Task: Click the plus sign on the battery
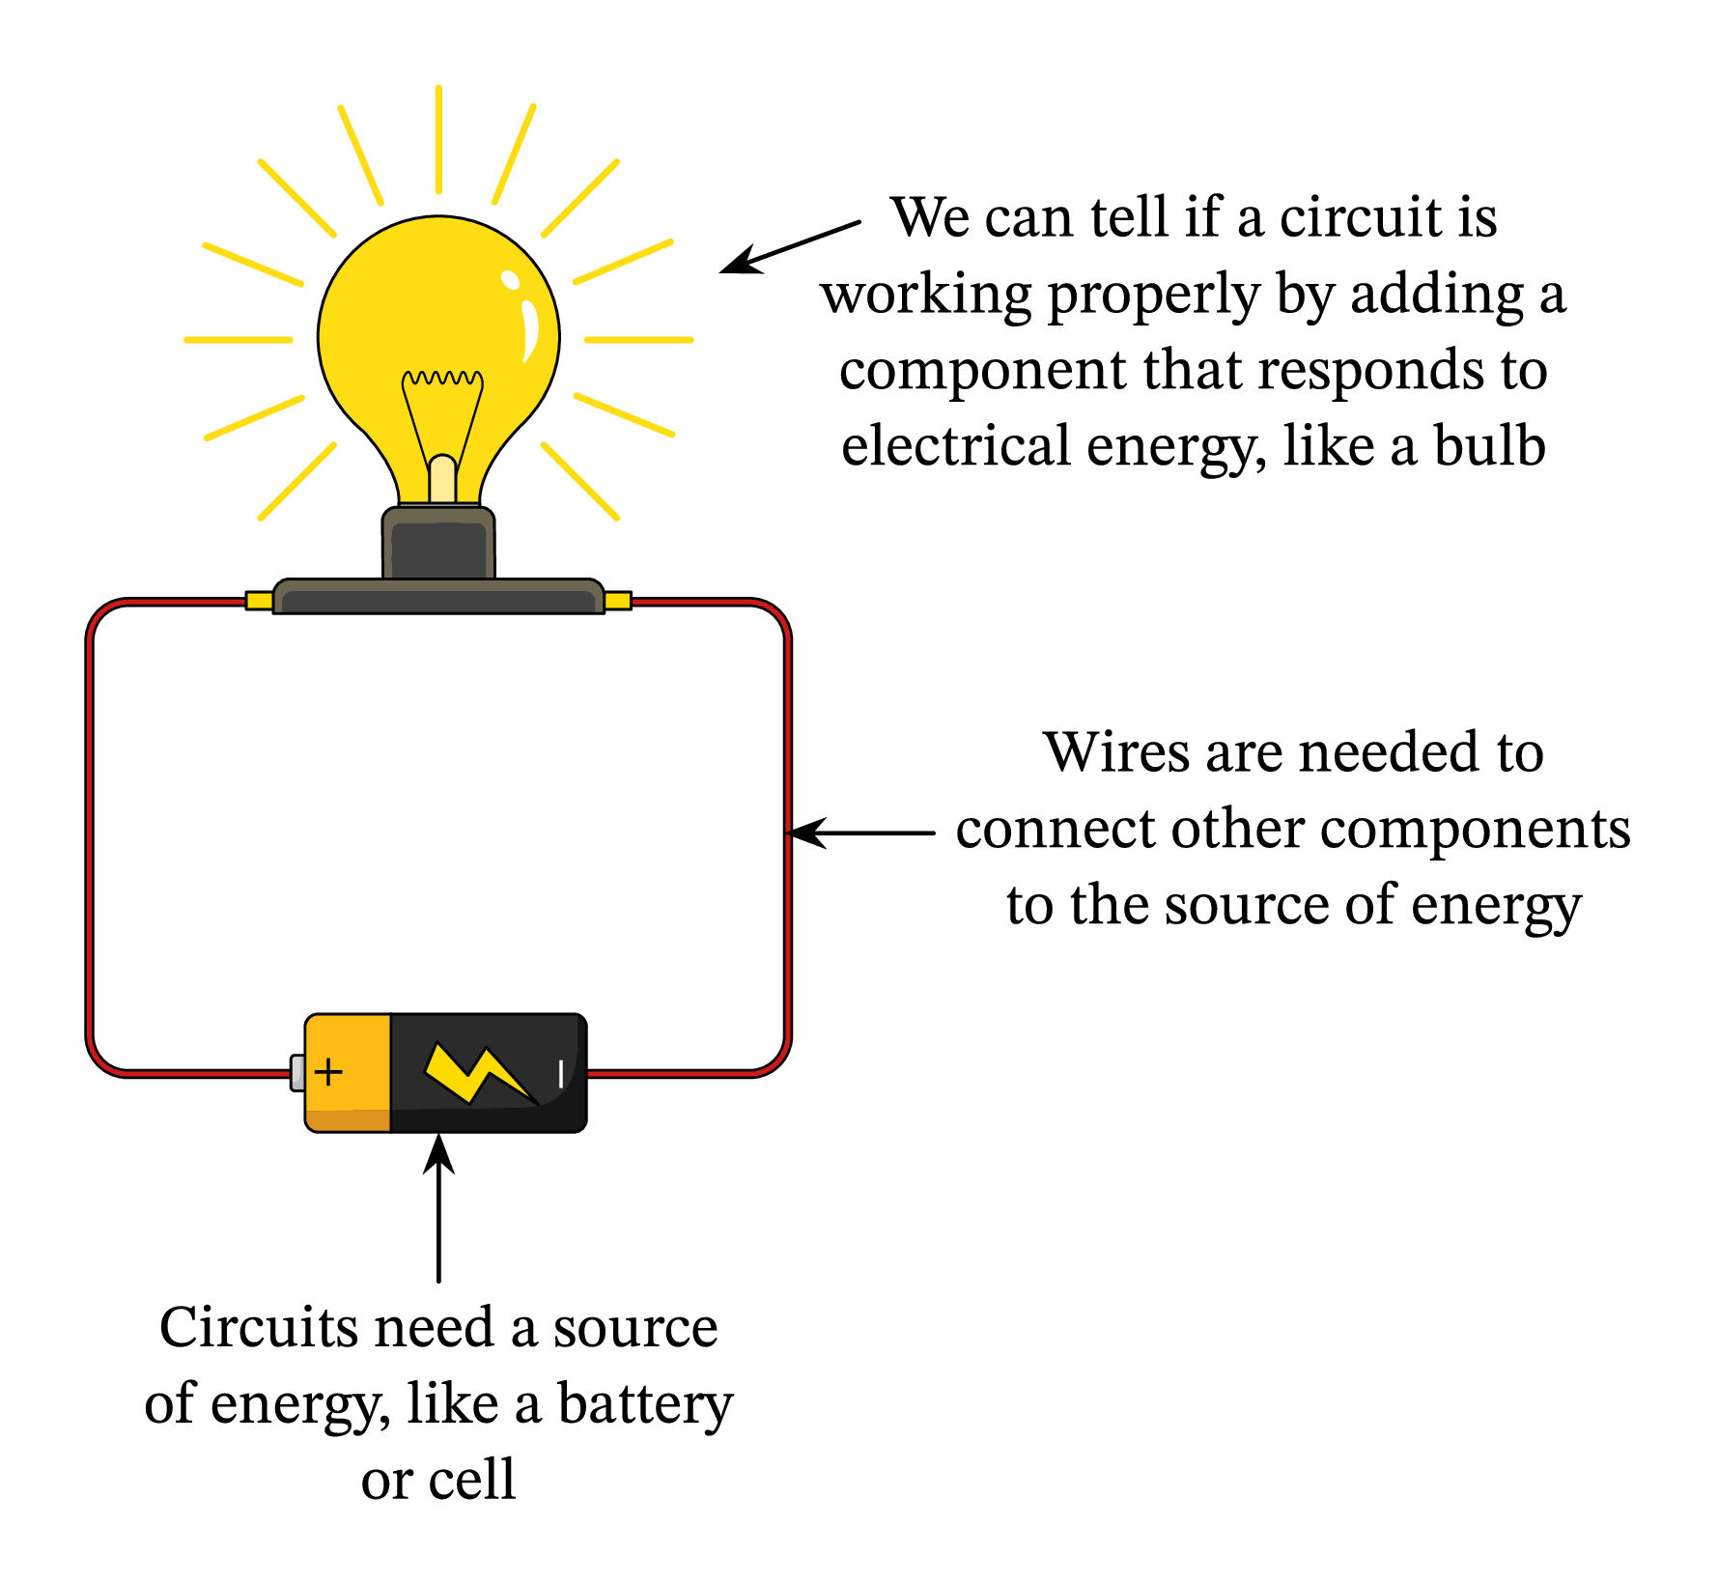click(328, 1072)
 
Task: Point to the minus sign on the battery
click(561, 1073)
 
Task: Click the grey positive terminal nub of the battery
click(297, 1073)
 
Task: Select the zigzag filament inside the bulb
click(442, 379)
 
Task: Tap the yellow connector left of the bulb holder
click(259, 601)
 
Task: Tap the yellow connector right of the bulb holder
click(618, 601)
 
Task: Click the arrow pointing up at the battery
click(438, 1207)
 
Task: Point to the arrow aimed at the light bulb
click(790, 246)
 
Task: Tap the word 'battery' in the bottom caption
click(645, 1405)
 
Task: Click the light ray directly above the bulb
click(438, 139)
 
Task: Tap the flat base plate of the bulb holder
click(438, 597)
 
